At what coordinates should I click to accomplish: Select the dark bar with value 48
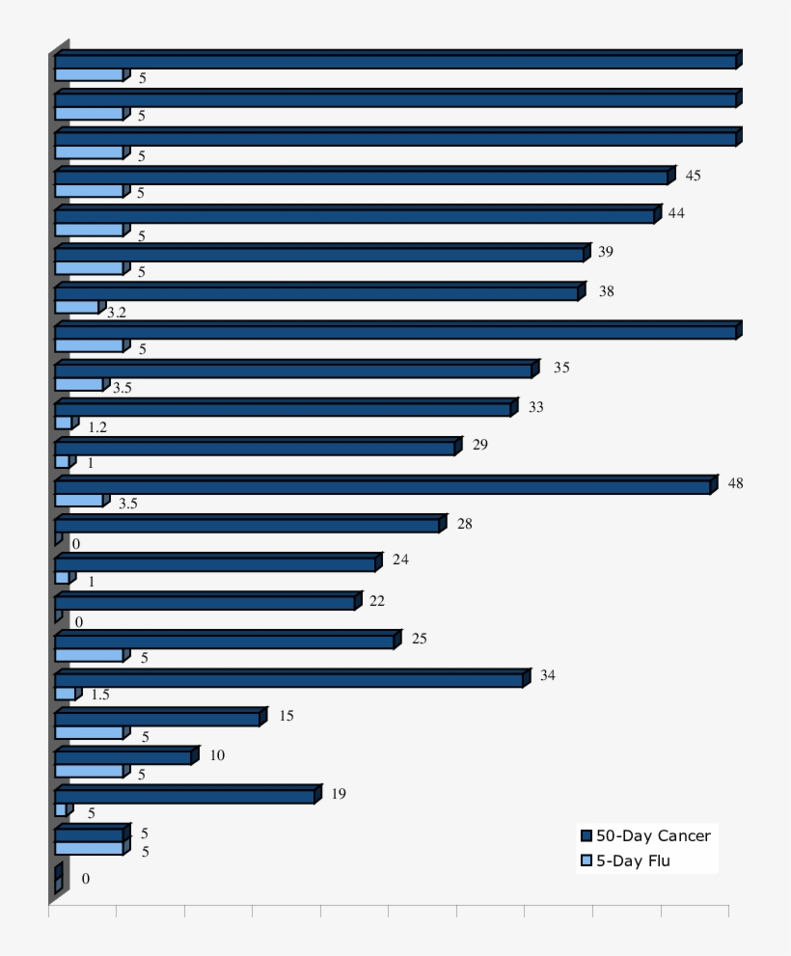tap(383, 487)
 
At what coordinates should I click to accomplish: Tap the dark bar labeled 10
tap(123, 757)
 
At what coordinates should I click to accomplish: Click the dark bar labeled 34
tap(289, 680)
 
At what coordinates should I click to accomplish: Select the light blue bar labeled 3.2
tap(77, 307)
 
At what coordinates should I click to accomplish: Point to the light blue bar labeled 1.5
tap(65, 694)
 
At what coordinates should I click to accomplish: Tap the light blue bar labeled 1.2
tap(63, 423)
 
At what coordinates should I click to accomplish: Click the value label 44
tap(676, 213)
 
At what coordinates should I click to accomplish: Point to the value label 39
tap(606, 252)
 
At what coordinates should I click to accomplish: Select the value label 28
tap(465, 523)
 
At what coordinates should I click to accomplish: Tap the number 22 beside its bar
tap(377, 601)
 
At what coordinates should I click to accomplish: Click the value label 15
tap(286, 716)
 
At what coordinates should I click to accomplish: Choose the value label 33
tap(535, 407)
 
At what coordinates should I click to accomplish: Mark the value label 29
tap(481, 445)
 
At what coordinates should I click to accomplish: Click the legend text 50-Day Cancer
tap(653, 835)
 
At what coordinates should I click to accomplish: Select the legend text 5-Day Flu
tap(632, 860)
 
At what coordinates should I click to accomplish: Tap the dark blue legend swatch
tap(585, 835)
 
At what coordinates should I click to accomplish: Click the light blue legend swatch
tap(585, 860)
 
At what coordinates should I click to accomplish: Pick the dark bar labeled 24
tap(215, 564)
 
